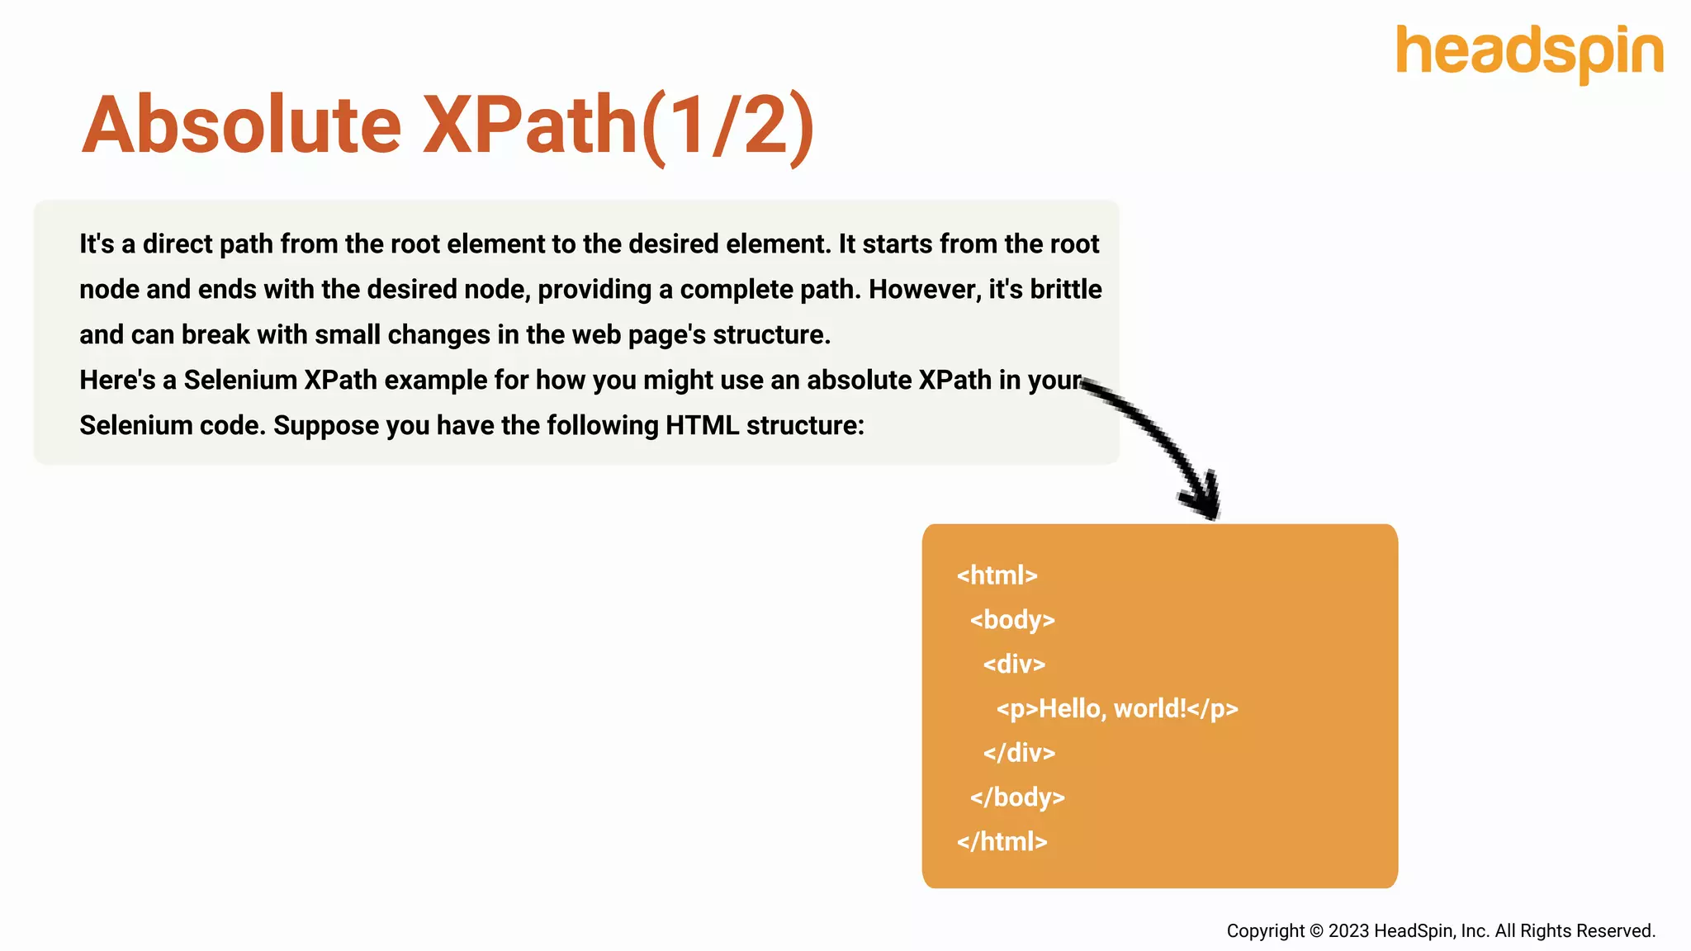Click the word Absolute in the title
pos(241,125)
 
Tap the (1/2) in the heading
pos(728,125)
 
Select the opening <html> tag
pos(997,575)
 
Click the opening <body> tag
pos(1012,620)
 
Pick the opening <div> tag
pos(1014,665)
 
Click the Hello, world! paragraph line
pos(1116,709)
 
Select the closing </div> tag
pos(1019,753)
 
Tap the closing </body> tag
pos(1017,797)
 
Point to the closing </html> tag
pos(1002,842)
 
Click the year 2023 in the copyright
pos(1348,931)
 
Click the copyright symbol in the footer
pos(1315,931)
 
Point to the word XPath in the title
pos(529,125)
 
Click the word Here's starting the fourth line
pos(117,381)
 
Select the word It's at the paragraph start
pos(97,244)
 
